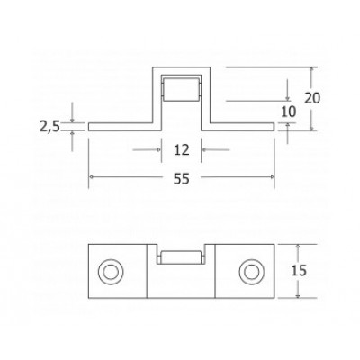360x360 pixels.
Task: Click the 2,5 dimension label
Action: click(60, 128)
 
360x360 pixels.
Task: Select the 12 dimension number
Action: click(181, 149)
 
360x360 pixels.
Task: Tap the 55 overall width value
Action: click(181, 180)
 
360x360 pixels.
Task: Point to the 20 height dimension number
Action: click(312, 96)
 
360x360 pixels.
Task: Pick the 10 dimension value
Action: click(288, 111)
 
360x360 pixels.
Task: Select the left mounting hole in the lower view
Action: click(112, 270)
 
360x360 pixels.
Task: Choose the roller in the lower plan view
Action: click(181, 256)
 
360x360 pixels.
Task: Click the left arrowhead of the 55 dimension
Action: click(93, 179)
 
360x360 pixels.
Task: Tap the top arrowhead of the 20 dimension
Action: click(312, 70)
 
